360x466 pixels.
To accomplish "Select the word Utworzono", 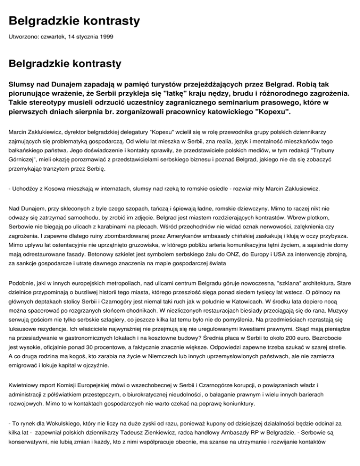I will pyautogui.click(x=23, y=36).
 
